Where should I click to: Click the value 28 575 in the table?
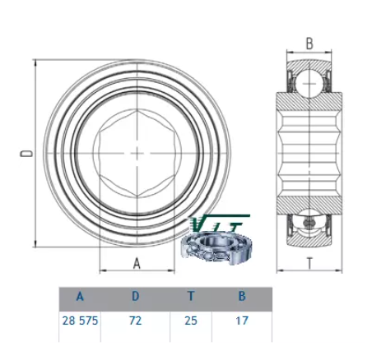click(80, 321)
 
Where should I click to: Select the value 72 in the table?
click(136, 321)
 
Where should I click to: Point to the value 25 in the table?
click(191, 321)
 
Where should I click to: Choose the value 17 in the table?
click(242, 321)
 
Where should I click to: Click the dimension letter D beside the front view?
click(26, 154)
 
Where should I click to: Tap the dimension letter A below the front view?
click(137, 264)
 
